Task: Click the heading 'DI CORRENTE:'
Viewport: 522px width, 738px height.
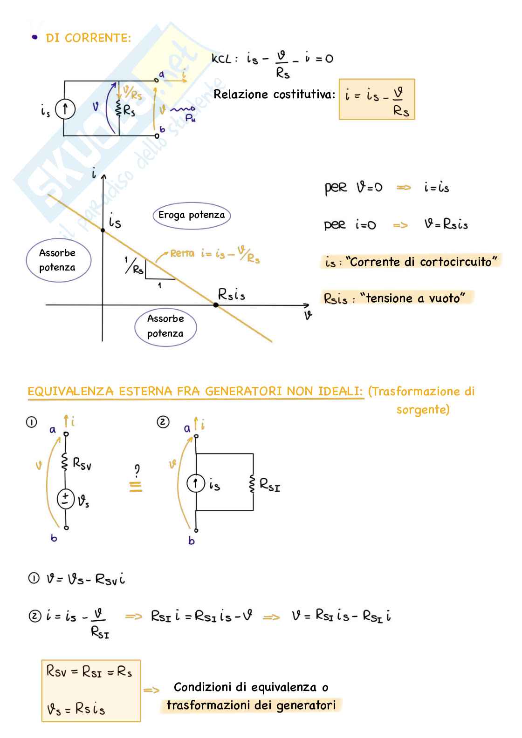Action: click(x=88, y=38)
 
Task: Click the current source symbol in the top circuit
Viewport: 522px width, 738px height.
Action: click(x=65, y=109)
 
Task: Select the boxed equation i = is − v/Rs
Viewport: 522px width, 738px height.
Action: click(x=377, y=100)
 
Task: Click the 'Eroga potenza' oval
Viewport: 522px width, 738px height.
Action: click(x=192, y=215)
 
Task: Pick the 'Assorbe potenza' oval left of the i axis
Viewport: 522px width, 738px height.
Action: click(x=58, y=260)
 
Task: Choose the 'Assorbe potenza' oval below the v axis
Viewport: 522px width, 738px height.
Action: click(x=165, y=326)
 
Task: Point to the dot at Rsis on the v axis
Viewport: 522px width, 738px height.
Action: click(x=216, y=305)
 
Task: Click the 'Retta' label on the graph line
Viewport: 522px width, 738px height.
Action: click(x=182, y=254)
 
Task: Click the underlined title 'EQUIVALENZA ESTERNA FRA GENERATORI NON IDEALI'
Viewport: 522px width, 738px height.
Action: click(x=195, y=392)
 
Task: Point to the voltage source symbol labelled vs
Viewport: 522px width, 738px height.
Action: click(x=66, y=499)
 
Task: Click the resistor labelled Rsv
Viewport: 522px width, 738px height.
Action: click(x=66, y=462)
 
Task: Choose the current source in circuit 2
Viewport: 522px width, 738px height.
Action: click(x=196, y=483)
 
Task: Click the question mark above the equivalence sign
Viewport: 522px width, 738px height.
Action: click(x=137, y=469)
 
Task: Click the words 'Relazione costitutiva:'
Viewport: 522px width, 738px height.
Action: click(x=274, y=95)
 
